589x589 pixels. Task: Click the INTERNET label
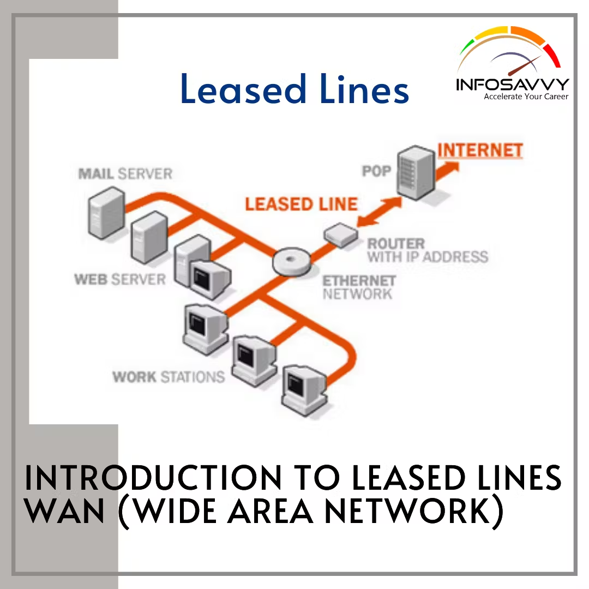point(480,150)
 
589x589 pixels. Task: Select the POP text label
point(377,171)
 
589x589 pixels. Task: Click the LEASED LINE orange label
point(301,205)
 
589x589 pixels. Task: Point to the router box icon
point(341,235)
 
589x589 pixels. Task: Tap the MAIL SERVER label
point(125,174)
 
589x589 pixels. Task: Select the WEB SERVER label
point(119,280)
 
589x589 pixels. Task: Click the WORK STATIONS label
point(168,377)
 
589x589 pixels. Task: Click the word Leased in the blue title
point(243,90)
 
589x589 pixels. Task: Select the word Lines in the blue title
point(364,90)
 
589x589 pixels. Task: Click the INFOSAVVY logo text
point(512,85)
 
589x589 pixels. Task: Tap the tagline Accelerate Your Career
point(526,97)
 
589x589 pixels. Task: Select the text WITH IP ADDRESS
point(427,256)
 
